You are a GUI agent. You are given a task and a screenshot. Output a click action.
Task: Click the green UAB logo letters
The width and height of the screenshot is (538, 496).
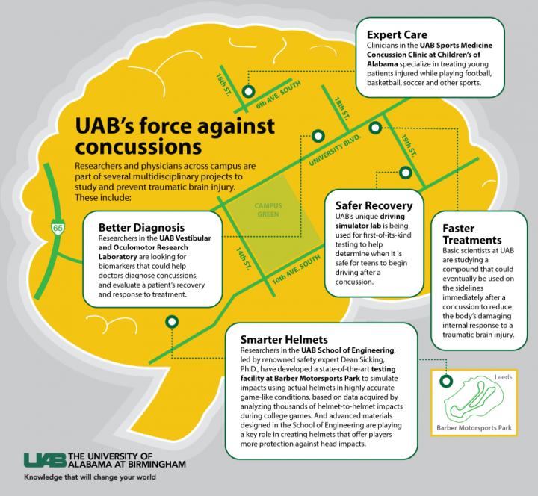click(43, 459)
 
